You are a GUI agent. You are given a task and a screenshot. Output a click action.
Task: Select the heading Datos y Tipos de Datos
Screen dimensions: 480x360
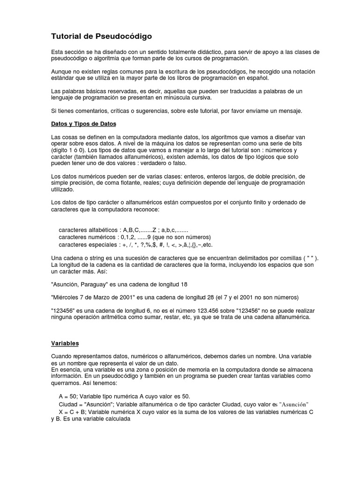(83, 124)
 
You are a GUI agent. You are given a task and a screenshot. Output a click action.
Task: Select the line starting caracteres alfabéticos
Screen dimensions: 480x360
(123, 231)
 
